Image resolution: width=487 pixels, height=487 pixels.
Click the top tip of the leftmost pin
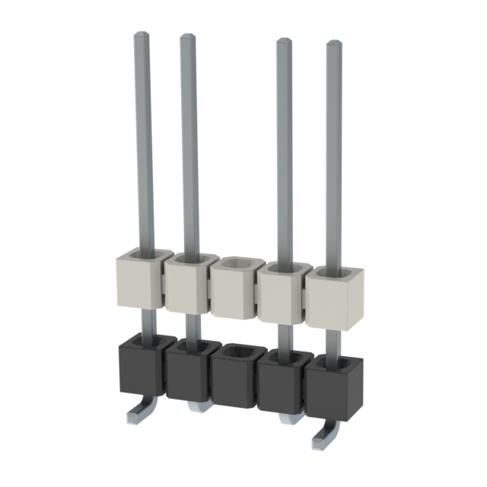142,35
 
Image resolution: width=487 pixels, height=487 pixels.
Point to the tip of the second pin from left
187,37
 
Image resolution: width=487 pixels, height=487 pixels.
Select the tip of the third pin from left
283,42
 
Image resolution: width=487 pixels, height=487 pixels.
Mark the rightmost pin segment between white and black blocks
333,342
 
